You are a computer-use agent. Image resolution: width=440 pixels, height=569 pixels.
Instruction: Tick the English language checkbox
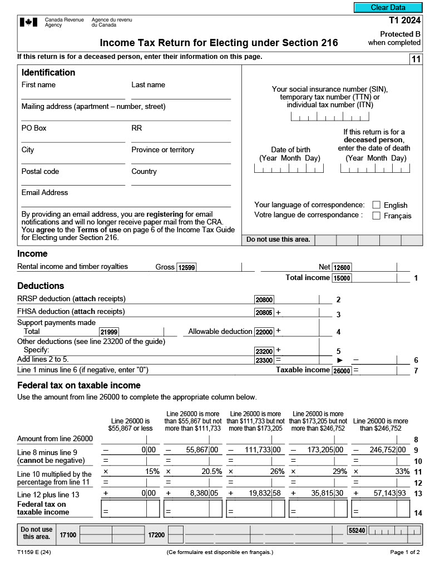377,205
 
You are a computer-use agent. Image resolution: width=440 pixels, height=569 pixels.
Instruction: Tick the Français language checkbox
377,216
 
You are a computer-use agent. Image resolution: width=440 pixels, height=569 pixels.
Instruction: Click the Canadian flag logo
28,22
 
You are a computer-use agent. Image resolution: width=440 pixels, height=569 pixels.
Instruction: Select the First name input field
73,94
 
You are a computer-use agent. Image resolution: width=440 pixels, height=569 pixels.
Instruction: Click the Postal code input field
73,181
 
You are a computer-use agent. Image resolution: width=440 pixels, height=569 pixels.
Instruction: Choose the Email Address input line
126,202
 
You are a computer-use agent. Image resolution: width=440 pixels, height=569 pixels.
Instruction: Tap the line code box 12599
186,267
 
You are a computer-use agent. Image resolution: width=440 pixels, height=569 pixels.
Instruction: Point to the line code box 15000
342,278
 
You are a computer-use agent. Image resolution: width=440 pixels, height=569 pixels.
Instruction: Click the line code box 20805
264,313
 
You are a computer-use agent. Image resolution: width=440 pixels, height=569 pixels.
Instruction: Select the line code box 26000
342,371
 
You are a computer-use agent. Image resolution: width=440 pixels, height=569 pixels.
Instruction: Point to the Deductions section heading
41,286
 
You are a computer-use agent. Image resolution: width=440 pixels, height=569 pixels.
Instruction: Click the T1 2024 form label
404,21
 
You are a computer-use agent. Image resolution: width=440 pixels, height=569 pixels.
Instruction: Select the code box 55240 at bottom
357,531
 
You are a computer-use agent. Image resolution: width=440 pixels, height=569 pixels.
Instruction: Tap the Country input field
181,181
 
